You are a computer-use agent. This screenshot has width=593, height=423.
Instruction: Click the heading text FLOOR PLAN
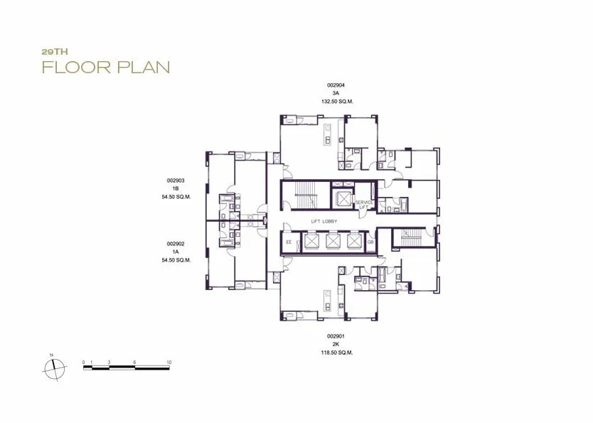tap(106, 67)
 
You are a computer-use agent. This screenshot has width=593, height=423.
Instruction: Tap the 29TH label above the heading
tap(55, 52)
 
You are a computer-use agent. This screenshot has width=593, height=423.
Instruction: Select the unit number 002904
tap(336, 85)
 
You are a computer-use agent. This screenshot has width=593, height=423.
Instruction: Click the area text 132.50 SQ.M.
tap(337, 102)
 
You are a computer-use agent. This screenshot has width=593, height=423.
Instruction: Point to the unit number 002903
tap(176, 181)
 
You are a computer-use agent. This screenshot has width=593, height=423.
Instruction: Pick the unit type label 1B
tap(176, 188)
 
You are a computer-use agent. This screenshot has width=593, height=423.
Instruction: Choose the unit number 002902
tap(176, 244)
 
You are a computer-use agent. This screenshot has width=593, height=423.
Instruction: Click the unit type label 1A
tap(176, 252)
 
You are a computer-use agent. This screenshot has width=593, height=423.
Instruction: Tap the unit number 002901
tap(336, 336)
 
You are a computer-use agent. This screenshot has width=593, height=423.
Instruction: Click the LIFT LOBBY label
tap(324, 222)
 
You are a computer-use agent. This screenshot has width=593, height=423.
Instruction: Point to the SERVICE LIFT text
tap(364, 205)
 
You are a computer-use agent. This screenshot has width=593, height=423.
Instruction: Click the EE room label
tap(289, 242)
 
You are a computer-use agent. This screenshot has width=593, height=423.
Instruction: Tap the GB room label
tap(370, 242)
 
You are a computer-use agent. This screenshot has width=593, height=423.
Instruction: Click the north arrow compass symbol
tap(55, 368)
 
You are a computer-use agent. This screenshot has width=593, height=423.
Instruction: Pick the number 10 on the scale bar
tap(169, 362)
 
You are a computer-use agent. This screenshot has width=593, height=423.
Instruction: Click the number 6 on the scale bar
tap(134, 362)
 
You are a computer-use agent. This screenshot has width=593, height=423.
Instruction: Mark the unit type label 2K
tap(336, 344)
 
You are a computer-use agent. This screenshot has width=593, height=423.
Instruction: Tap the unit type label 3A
tap(336, 93)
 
